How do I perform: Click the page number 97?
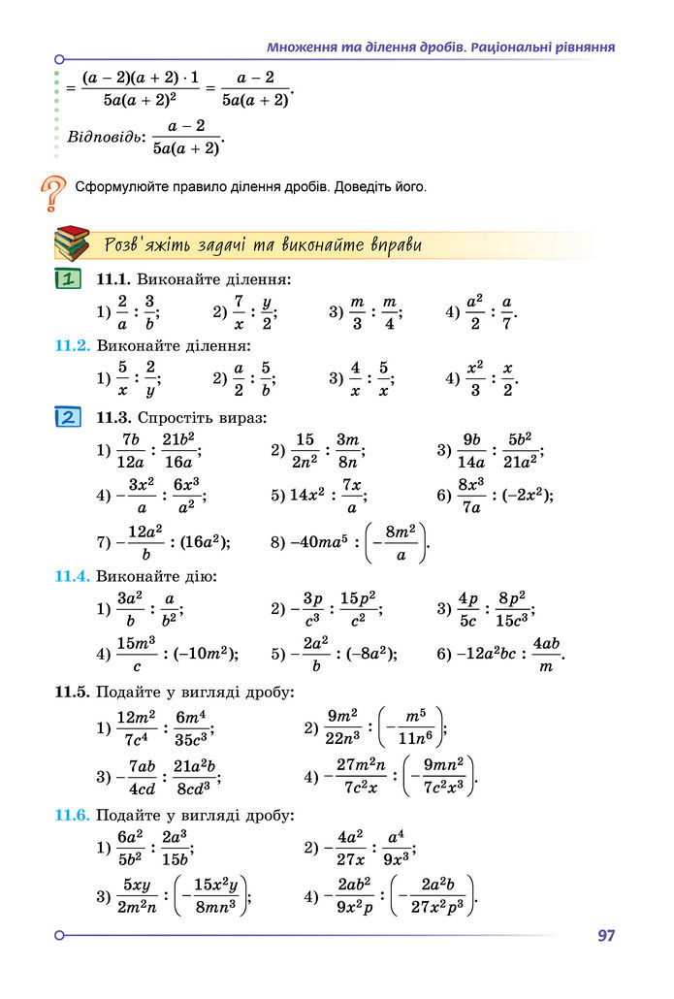(x=606, y=936)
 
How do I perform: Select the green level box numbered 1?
(x=67, y=280)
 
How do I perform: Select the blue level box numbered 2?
(x=67, y=418)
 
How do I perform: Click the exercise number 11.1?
(x=114, y=280)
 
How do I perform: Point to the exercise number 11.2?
(x=72, y=345)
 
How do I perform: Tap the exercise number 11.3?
(x=114, y=418)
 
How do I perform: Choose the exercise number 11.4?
(x=72, y=576)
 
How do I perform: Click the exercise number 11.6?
(x=72, y=815)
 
